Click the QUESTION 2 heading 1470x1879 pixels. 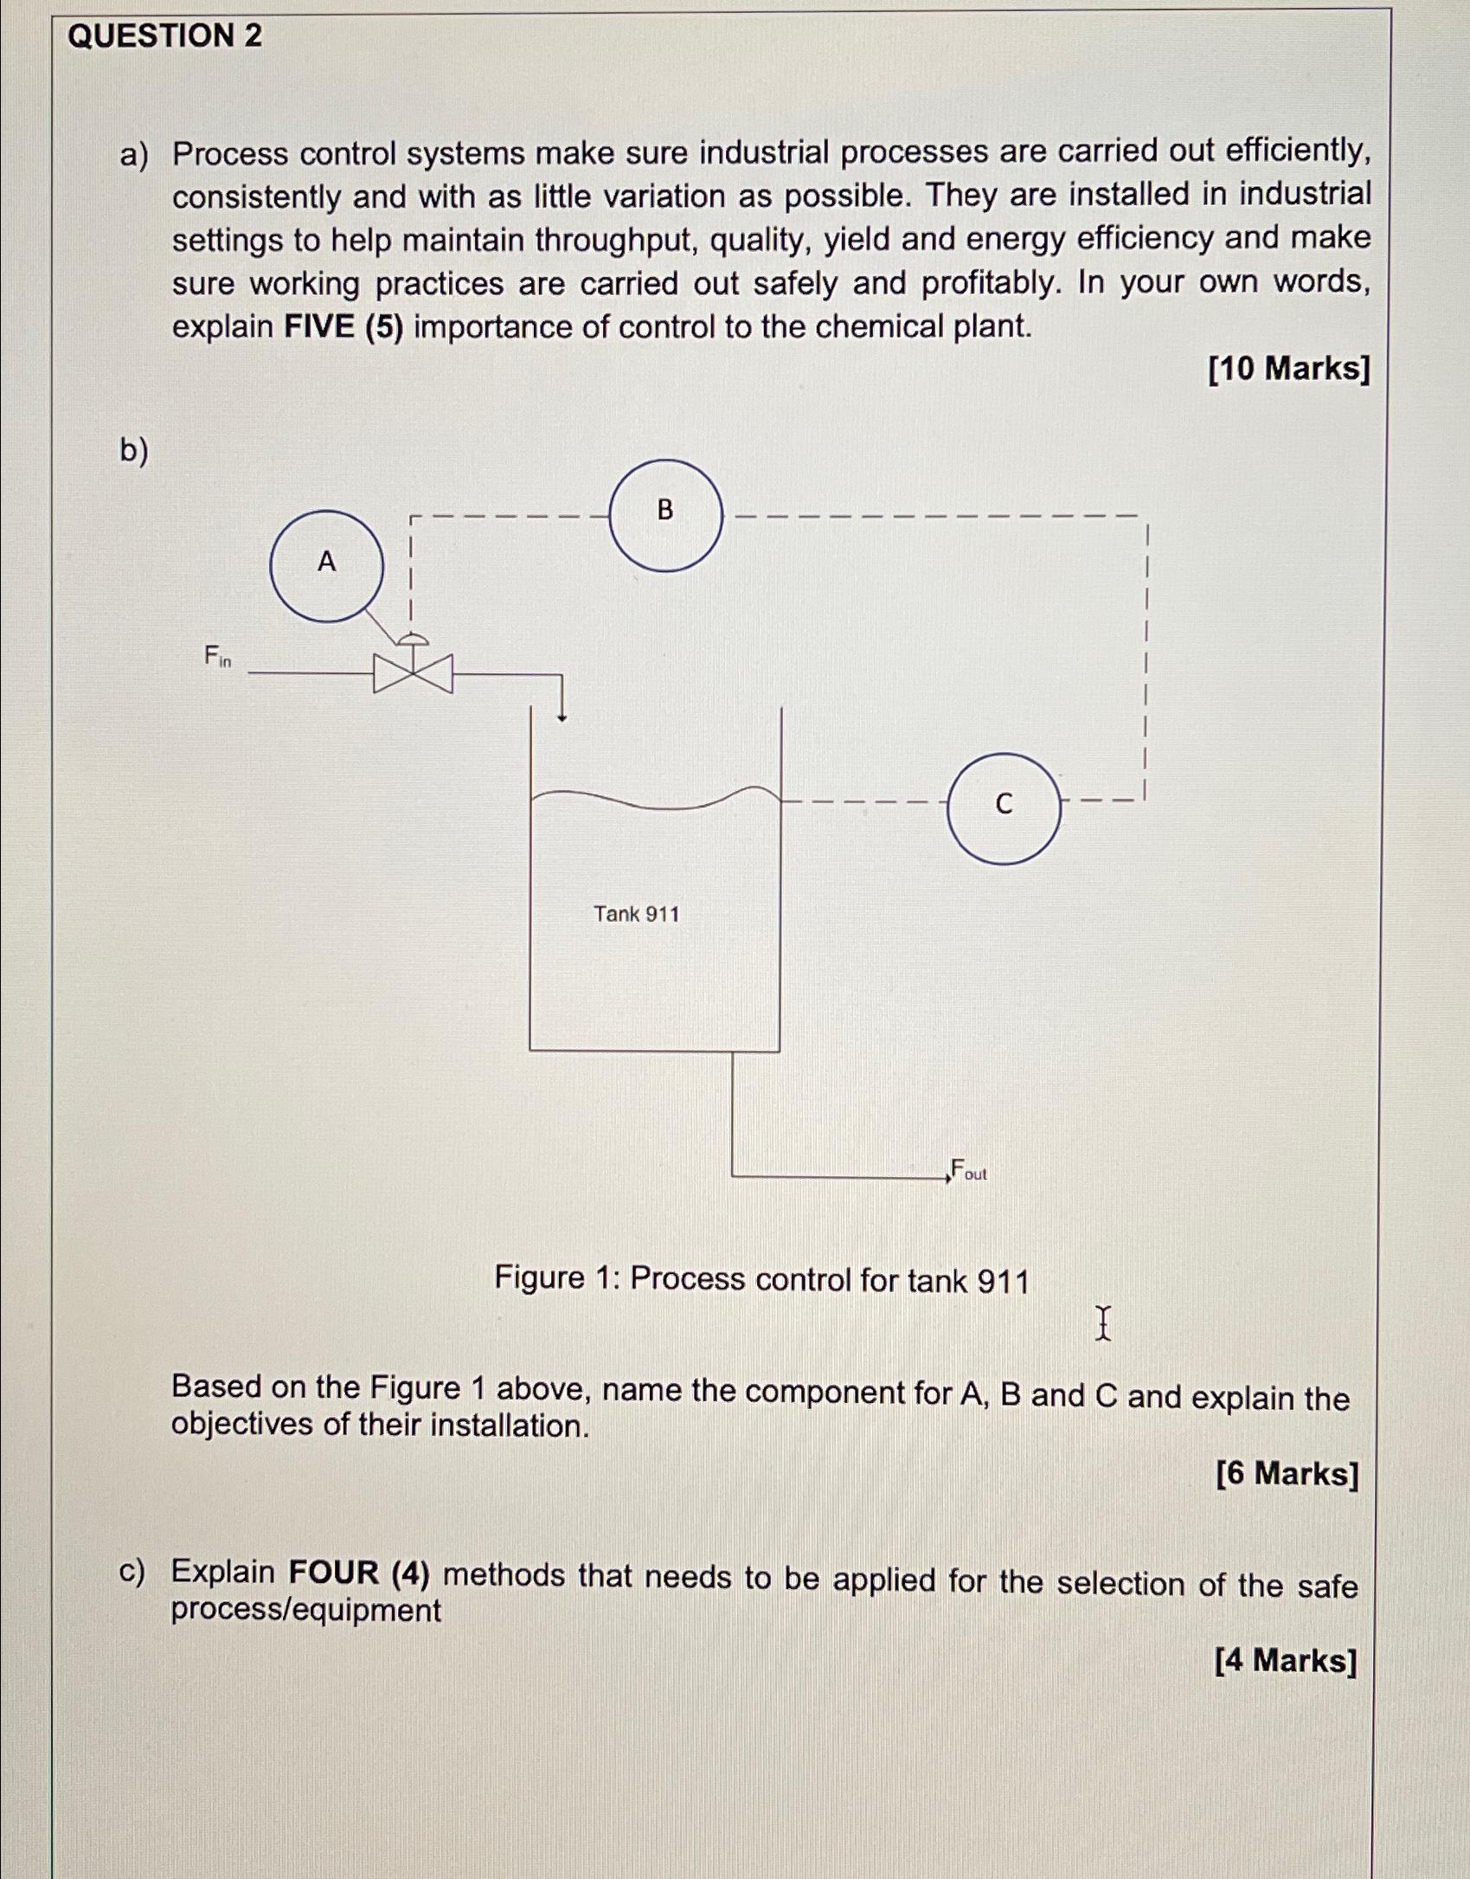coord(164,36)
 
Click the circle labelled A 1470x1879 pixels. coord(326,566)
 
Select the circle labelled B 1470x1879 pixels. coord(665,516)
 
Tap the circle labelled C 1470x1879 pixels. coord(1004,808)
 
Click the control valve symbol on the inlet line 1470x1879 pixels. coord(413,672)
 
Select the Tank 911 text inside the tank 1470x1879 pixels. coord(636,914)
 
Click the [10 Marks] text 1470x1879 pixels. coord(1288,370)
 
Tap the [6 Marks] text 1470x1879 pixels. coord(1287,1473)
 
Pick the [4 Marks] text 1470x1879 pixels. coord(1285,1661)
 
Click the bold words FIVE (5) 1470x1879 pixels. coord(343,328)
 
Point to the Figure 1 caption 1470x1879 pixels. coord(761,1279)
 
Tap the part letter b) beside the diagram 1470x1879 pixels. coord(133,451)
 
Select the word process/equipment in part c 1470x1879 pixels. coord(305,1611)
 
